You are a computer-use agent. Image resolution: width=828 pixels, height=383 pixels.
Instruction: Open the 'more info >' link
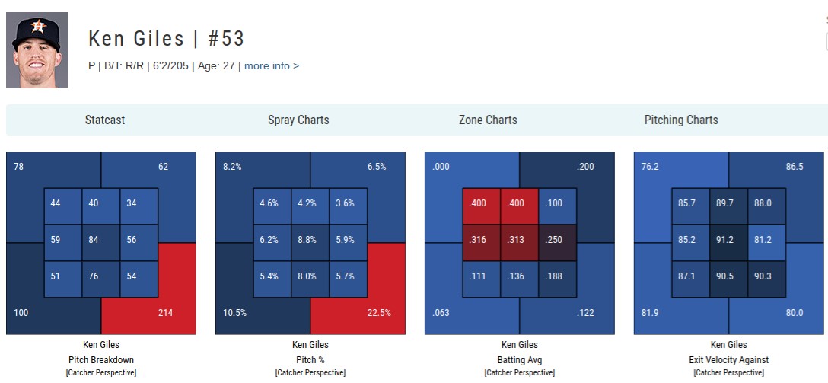(x=272, y=66)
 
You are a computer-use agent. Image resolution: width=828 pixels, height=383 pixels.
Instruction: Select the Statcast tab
(x=105, y=120)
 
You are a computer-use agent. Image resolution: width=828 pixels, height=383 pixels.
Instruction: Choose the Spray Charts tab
(x=298, y=120)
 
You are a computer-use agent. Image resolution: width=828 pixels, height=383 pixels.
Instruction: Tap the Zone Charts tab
(x=488, y=120)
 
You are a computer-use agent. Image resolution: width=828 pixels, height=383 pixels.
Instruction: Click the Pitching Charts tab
(x=681, y=120)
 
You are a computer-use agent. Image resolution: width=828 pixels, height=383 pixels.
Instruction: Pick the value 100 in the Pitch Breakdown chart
(x=21, y=312)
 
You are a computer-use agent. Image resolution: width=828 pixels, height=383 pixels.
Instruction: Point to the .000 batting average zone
(x=441, y=166)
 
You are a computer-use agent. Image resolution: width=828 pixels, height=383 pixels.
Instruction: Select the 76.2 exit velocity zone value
(x=650, y=166)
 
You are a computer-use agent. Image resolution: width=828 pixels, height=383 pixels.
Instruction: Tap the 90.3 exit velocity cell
(x=763, y=276)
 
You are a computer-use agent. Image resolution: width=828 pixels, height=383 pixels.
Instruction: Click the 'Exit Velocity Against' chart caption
(x=729, y=360)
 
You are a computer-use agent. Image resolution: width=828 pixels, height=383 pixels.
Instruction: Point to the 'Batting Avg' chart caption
(x=520, y=360)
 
